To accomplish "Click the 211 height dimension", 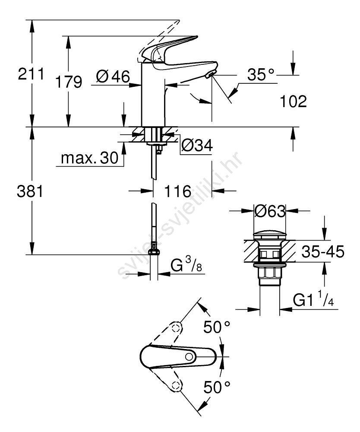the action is pyautogui.click(x=31, y=74).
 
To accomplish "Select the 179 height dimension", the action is pyautogui.click(x=69, y=82).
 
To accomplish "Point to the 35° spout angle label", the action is pyautogui.click(x=261, y=75).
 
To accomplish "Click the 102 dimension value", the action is pyautogui.click(x=293, y=101).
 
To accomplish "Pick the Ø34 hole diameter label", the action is pyautogui.click(x=197, y=145).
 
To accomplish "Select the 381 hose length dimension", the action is pyautogui.click(x=30, y=191).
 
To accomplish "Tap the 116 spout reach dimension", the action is pyautogui.click(x=178, y=191).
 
